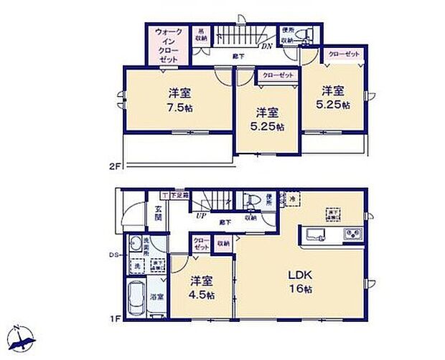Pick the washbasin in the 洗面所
135,246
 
